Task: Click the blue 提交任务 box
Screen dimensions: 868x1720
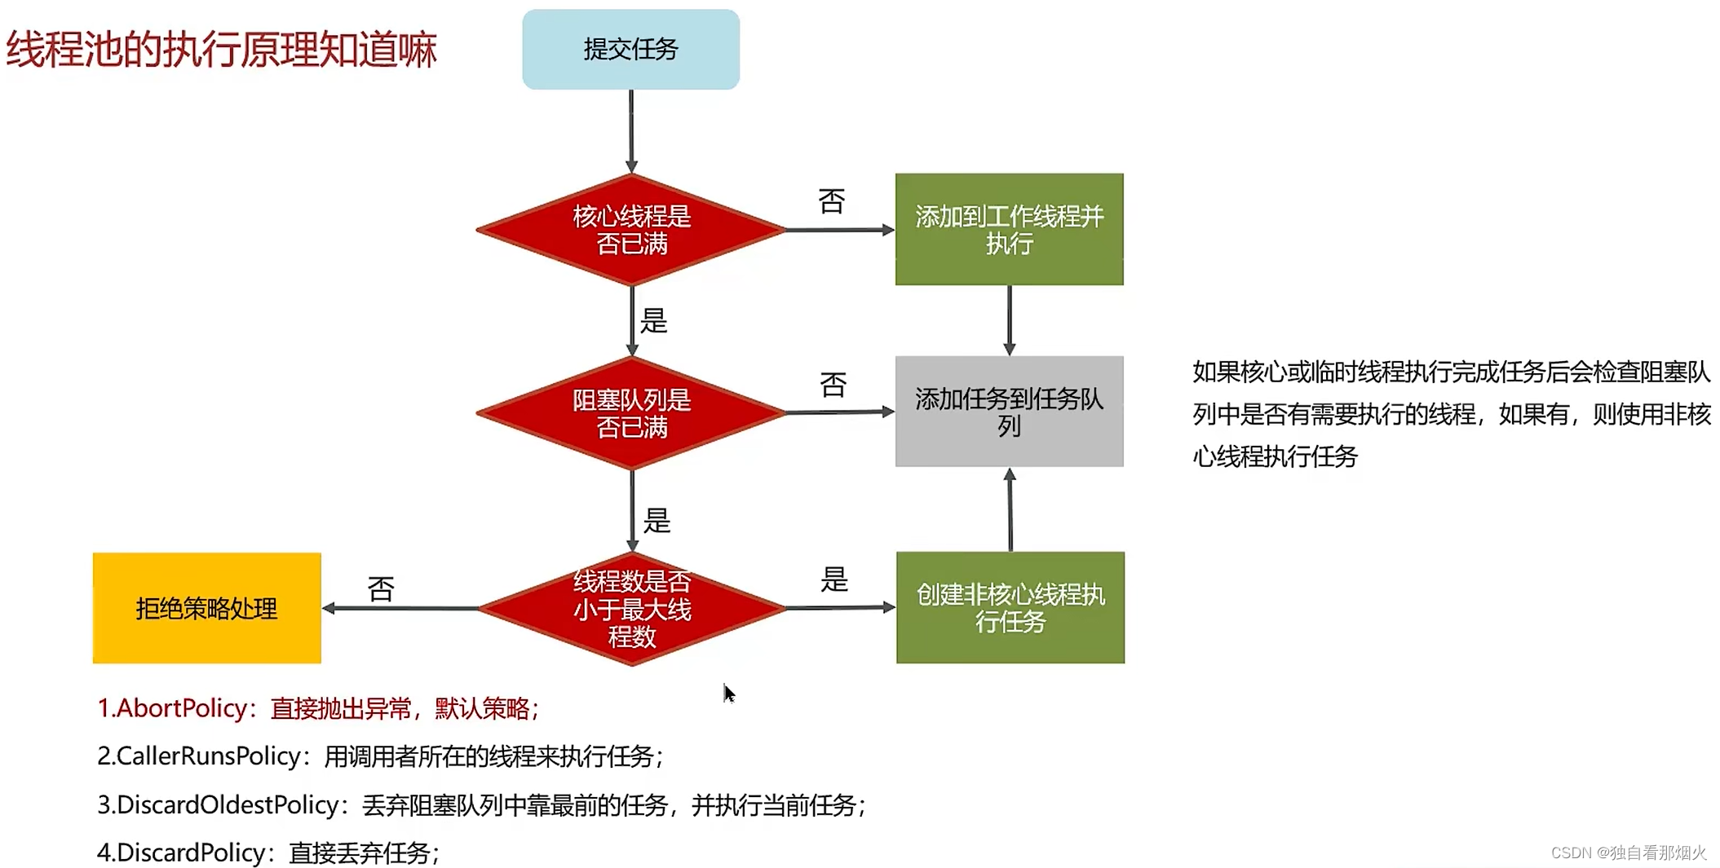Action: [630, 49]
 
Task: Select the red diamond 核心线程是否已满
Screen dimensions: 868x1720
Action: [631, 230]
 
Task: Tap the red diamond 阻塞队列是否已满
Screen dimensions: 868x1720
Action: [631, 412]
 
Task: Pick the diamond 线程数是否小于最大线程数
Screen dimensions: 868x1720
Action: [631, 608]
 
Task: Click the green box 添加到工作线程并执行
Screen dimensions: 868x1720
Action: [1009, 229]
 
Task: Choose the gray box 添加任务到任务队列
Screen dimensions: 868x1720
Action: [1009, 412]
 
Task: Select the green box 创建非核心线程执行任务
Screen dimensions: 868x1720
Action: [1010, 607]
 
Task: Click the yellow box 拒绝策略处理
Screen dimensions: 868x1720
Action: [206, 608]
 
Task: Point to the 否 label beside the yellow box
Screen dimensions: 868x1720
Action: [381, 588]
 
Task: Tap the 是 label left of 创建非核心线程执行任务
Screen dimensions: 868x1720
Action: [834, 579]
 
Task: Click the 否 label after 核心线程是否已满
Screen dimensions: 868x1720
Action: [831, 200]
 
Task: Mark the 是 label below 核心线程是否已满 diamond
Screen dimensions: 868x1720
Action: [654, 320]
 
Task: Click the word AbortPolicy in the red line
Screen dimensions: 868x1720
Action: [181, 708]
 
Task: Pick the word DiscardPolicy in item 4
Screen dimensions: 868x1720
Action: [191, 853]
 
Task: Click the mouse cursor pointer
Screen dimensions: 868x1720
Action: [728, 693]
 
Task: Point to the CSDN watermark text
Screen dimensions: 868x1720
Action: [1628, 853]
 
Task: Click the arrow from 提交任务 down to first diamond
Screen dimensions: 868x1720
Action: [631, 130]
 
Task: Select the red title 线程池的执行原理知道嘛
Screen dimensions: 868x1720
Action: [222, 50]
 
